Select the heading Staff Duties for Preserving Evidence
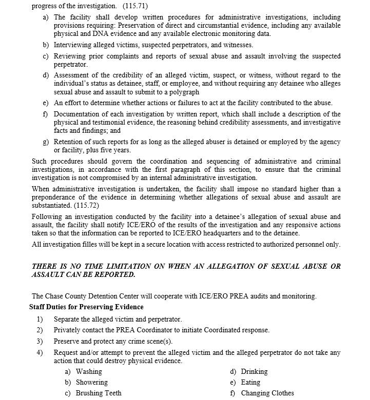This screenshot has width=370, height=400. tap(86, 307)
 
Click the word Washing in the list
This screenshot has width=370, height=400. tap(89, 371)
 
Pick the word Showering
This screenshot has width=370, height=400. tap(92, 382)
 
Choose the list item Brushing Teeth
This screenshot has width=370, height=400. tap(99, 393)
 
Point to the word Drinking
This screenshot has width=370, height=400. tap(255, 371)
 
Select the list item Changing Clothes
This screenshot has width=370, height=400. tap(267, 393)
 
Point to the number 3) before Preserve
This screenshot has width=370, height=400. tap(40, 341)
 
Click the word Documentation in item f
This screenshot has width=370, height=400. tap(78, 114)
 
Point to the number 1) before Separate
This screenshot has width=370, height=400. tap(40, 319)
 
